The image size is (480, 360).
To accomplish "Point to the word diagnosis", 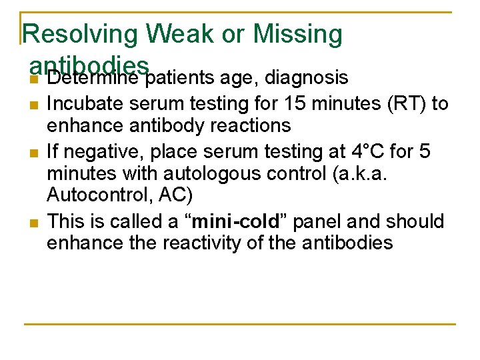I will (x=307, y=79).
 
